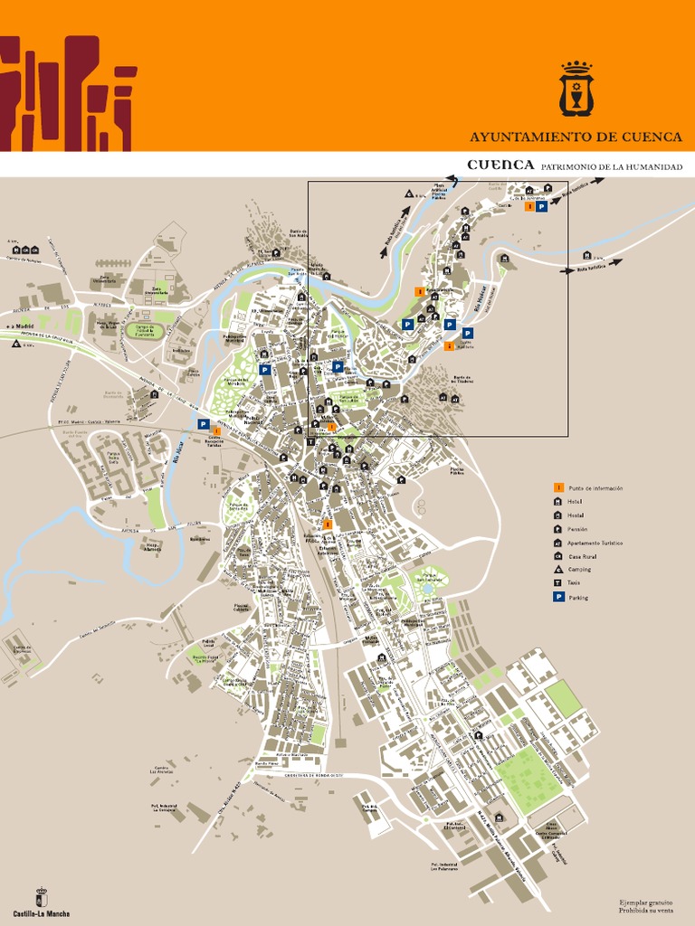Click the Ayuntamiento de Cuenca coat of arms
pos(575,89)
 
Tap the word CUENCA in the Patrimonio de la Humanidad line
pos(500,165)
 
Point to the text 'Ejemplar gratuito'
pos(646,902)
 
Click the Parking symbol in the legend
pos(558,598)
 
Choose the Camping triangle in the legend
pos(558,570)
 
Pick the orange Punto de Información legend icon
pos(558,488)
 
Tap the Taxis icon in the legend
pos(558,583)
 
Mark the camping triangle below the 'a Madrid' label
pos(16,345)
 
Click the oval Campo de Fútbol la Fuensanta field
pos(140,331)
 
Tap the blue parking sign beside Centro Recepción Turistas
pos(204,424)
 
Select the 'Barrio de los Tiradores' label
pos(462,381)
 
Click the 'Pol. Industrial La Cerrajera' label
pos(162,808)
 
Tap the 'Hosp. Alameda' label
pos(154,547)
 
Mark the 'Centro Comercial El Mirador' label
pos(550,835)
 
